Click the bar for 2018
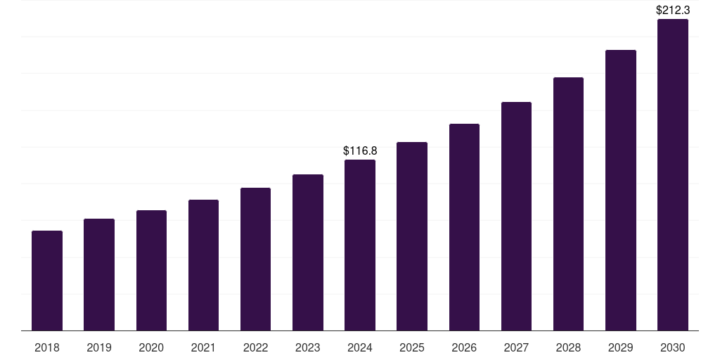(x=47, y=281)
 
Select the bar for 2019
(x=99, y=275)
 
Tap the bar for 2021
(x=203, y=265)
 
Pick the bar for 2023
(x=308, y=252)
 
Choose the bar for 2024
(x=360, y=245)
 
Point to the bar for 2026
(x=464, y=227)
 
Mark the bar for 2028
(x=568, y=204)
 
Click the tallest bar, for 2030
(x=673, y=175)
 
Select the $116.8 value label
(x=360, y=150)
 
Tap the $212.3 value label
(x=673, y=10)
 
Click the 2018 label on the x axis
(x=47, y=347)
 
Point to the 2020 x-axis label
(x=151, y=347)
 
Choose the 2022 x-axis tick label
(x=255, y=347)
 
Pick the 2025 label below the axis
(x=412, y=347)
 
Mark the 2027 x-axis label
(x=516, y=347)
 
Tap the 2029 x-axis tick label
(x=620, y=347)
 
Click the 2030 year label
(x=673, y=347)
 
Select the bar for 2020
(x=151, y=271)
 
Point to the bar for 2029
(x=620, y=191)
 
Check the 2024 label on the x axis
(x=360, y=347)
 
